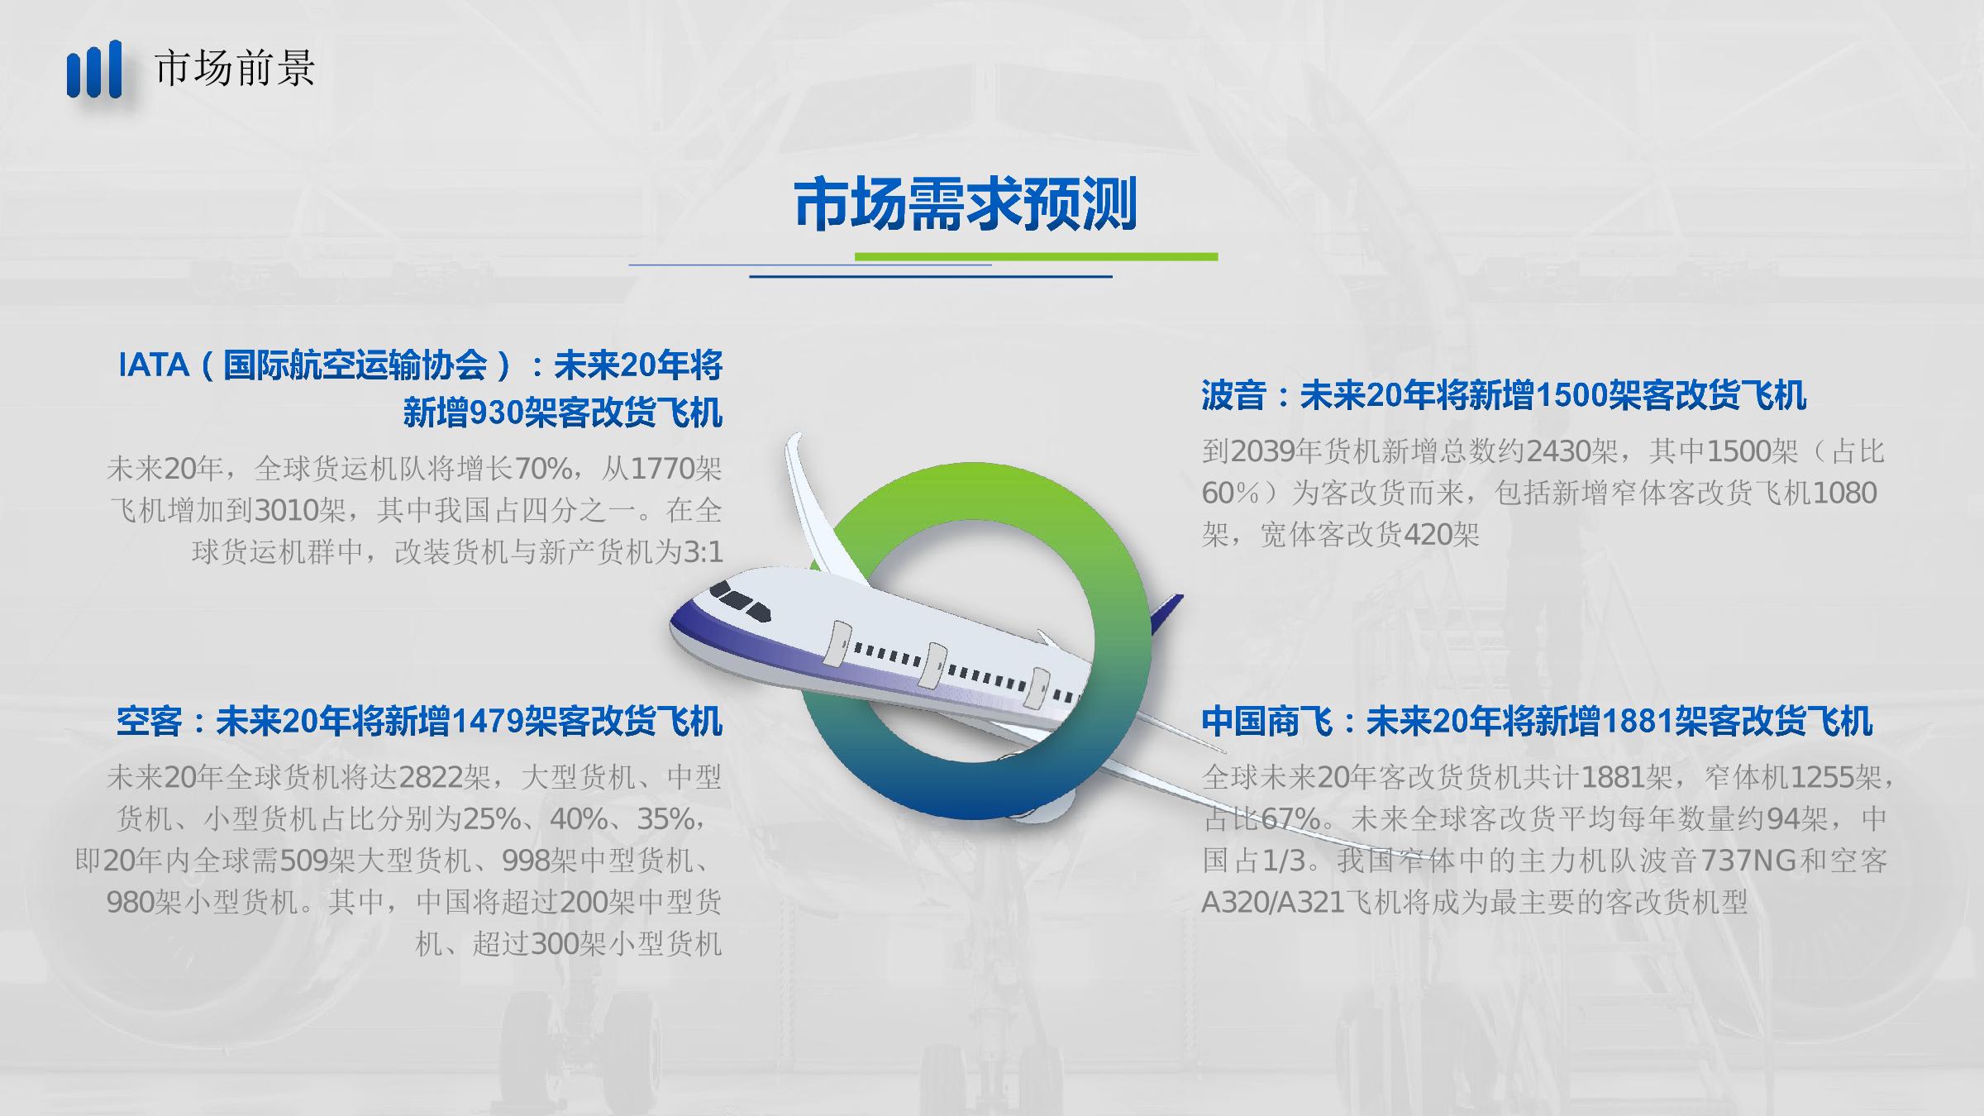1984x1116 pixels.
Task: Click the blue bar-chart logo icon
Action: (x=94, y=69)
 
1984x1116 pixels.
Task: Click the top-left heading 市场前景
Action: (x=235, y=68)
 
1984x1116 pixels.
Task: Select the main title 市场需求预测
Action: (x=965, y=204)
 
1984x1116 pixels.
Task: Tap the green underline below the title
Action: (x=1036, y=257)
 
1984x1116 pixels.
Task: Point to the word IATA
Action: (x=154, y=365)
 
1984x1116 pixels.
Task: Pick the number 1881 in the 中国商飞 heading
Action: (x=1638, y=722)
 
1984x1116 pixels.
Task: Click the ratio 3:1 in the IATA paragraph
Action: (x=704, y=552)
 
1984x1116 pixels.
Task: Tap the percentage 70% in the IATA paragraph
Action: (x=543, y=470)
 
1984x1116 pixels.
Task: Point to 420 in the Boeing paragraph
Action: (x=1428, y=535)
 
